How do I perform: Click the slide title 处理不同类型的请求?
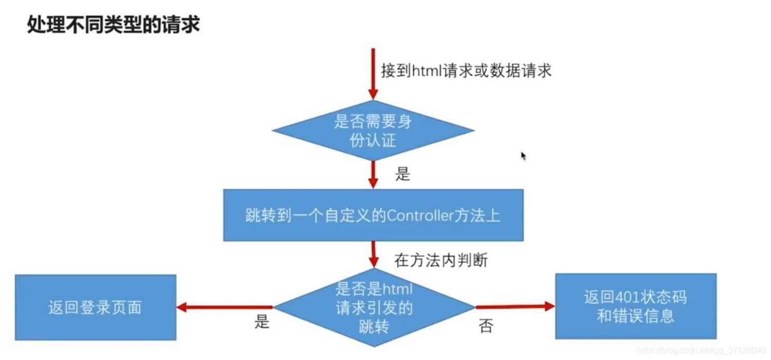(x=113, y=25)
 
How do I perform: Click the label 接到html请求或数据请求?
(x=466, y=70)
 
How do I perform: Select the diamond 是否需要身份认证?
(x=373, y=130)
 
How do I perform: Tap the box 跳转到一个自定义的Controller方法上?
(x=373, y=215)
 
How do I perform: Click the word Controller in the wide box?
(x=421, y=215)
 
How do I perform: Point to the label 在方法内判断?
(x=441, y=260)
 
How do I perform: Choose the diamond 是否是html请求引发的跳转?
(x=374, y=307)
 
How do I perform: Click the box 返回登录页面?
(x=95, y=307)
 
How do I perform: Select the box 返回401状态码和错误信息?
(x=636, y=306)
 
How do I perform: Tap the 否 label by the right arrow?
(x=486, y=326)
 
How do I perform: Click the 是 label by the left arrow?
(x=262, y=322)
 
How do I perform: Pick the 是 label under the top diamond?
(x=403, y=174)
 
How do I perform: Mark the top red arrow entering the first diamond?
(x=373, y=74)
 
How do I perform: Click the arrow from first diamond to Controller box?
(x=373, y=174)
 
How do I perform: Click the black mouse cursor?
(x=523, y=156)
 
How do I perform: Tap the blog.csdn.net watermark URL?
(x=702, y=350)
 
